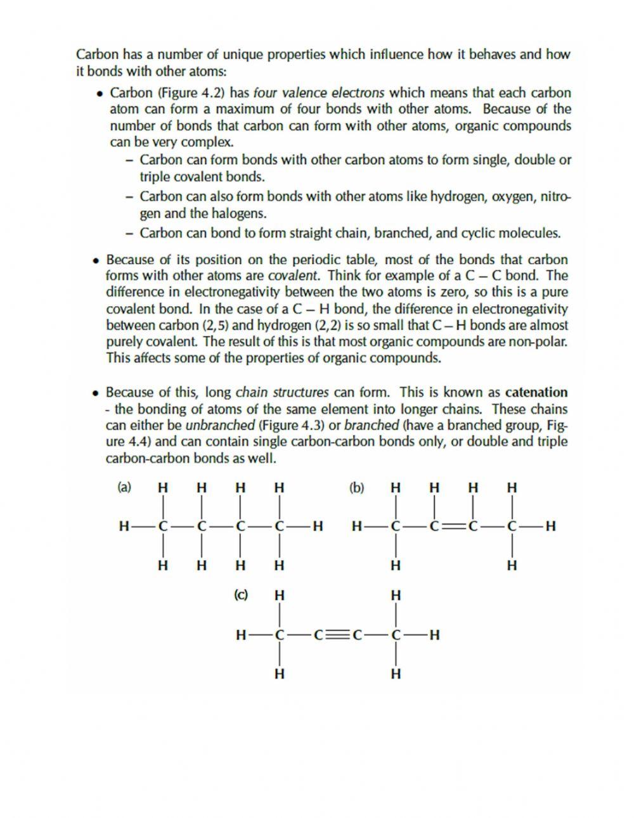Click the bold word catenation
[x=536, y=392]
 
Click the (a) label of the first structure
[x=124, y=487]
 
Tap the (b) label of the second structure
[x=357, y=487]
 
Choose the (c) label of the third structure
[x=241, y=595]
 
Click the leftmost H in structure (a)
[x=123, y=526]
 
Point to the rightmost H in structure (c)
[x=434, y=634]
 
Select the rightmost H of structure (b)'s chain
[x=550, y=526]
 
